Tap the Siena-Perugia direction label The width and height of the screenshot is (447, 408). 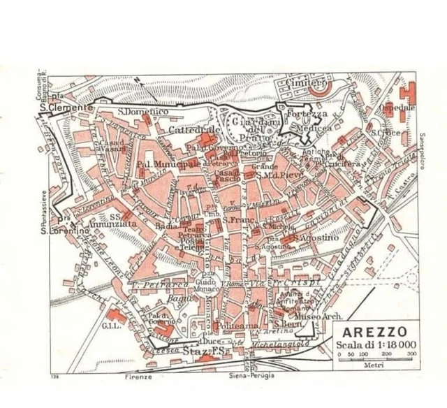(x=250, y=376)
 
